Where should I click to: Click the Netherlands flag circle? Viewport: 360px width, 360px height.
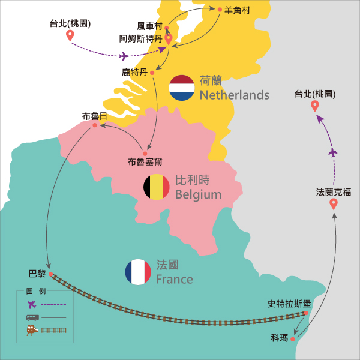182,88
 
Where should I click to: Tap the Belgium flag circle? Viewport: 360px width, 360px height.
156,187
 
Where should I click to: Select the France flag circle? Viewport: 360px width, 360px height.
138,272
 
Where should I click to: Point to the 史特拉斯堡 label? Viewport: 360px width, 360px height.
289,304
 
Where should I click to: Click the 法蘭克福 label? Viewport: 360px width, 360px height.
334,192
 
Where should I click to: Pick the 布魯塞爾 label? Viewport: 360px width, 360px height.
145,161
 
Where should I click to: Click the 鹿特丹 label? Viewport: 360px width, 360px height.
134,73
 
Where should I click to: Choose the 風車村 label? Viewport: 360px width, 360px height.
150,26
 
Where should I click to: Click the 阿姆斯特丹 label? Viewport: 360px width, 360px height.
140,38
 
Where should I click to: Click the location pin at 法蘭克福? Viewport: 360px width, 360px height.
334,204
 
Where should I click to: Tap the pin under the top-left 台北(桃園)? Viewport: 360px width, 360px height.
70,35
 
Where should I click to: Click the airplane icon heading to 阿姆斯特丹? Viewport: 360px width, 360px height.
124,56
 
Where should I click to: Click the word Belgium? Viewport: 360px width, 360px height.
198,194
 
